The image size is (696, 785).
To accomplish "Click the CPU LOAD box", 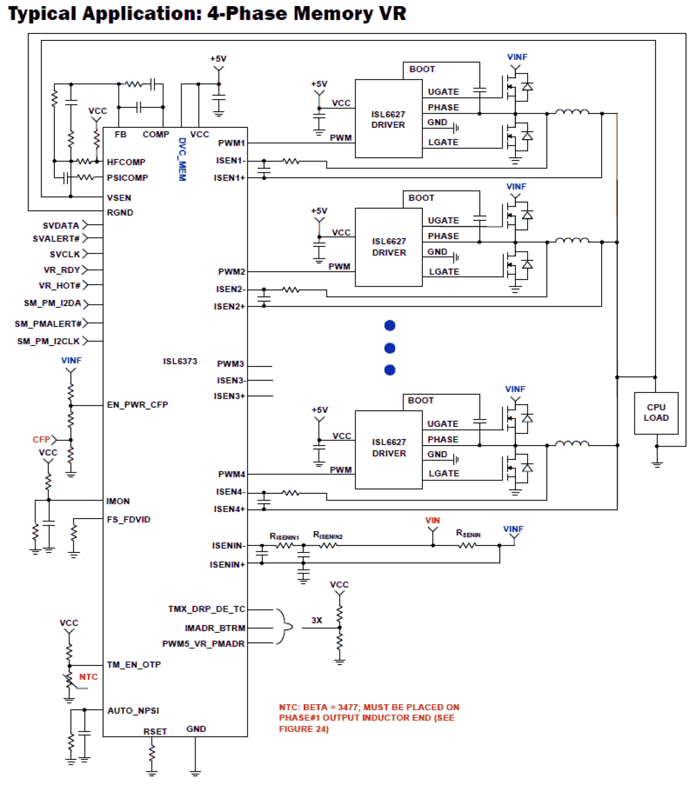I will [x=656, y=412].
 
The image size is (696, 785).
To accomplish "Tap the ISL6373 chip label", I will [x=180, y=361].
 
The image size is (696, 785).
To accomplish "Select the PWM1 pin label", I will [x=231, y=143].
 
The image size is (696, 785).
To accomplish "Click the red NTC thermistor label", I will [x=88, y=677].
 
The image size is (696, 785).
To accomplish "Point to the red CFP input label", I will [x=42, y=440].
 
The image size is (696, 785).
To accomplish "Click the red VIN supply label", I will [x=432, y=520].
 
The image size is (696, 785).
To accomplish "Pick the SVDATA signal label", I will [x=60, y=225].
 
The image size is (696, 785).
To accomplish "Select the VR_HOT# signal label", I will [x=59, y=286].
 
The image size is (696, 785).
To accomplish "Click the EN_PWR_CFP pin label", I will [x=137, y=405].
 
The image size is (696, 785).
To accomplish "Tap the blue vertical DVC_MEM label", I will [x=182, y=159].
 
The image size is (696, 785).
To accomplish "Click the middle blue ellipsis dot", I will [x=390, y=348].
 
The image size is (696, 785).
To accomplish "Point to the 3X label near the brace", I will [x=316, y=620].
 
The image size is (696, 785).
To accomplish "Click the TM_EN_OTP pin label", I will [x=134, y=664].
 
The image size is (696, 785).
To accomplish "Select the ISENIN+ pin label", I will [x=227, y=565].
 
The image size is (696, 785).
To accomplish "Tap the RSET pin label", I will [x=155, y=731].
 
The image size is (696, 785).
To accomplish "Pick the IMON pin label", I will [x=118, y=501].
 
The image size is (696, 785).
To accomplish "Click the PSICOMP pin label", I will [x=127, y=178].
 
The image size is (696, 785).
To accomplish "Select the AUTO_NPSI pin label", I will [x=133, y=710].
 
